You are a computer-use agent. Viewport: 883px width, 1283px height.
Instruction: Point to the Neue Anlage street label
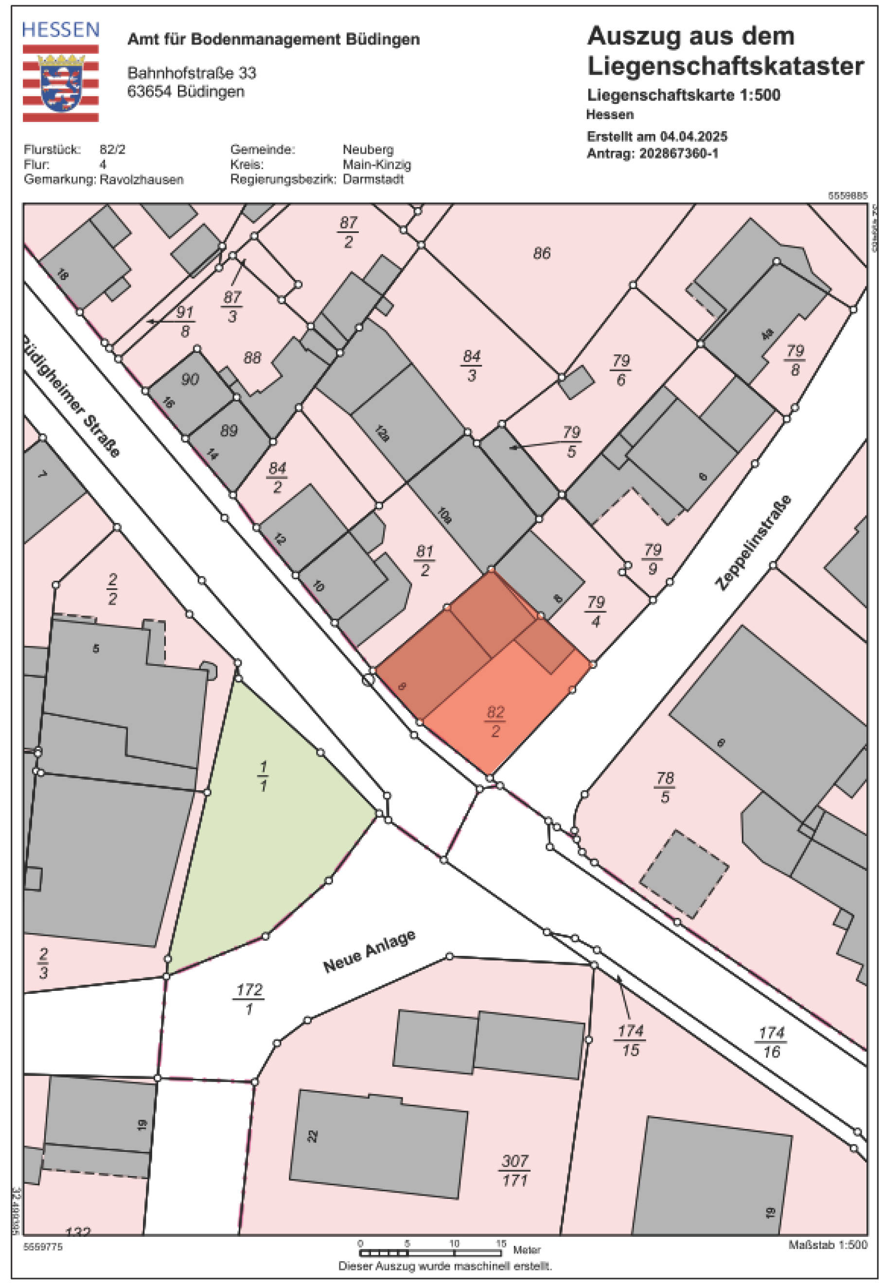coord(369,952)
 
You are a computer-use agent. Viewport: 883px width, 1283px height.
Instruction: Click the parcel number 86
coord(542,253)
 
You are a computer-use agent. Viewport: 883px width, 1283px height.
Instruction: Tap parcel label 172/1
coord(249,999)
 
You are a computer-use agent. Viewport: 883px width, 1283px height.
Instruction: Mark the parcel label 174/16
coord(771,1042)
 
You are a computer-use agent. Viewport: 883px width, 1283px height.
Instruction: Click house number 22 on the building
coord(313,1136)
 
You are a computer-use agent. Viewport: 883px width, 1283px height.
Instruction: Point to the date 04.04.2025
coord(694,137)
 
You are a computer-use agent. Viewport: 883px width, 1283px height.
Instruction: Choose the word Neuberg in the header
coord(368,149)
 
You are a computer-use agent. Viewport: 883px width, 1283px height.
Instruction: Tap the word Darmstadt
coord(373,179)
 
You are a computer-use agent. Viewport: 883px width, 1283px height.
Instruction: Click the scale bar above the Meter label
coord(430,1252)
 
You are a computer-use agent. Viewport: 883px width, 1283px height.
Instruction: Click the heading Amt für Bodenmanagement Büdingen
coord(273,39)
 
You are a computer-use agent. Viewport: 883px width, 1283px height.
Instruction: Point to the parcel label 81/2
coord(424,560)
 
